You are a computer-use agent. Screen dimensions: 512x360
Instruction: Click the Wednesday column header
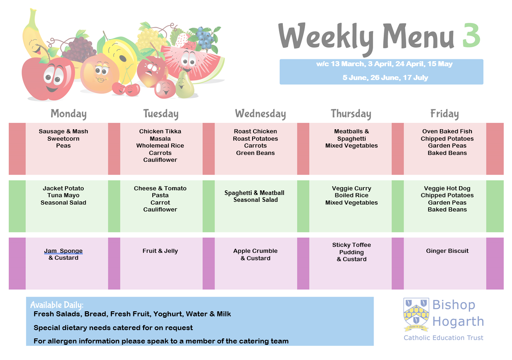(260, 114)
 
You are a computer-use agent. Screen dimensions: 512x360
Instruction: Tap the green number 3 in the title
(471, 35)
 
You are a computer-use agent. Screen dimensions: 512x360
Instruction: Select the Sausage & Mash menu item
(63, 131)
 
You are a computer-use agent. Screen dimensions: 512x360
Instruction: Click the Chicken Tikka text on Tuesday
(160, 131)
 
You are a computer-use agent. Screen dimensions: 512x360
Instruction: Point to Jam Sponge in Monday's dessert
(63, 251)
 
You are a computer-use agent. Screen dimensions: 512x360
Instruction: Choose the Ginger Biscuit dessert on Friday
(447, 251)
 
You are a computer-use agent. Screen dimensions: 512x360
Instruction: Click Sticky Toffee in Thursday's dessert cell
(351, 245)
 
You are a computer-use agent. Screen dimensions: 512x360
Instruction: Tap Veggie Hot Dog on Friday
(447, 189)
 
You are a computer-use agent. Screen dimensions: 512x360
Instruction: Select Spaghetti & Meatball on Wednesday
(254, 193)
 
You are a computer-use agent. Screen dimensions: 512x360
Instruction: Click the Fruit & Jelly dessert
(160, 251)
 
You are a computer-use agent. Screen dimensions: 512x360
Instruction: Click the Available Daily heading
(57, 305)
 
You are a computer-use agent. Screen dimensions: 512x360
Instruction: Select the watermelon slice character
(193, 63)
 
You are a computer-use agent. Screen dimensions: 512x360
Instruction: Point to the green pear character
(185, 86)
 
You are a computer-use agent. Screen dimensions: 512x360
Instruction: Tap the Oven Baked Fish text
(447, 131)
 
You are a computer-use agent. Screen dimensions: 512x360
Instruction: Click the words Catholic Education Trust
(443, 338)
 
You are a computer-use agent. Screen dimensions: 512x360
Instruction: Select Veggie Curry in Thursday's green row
(351, 189)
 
